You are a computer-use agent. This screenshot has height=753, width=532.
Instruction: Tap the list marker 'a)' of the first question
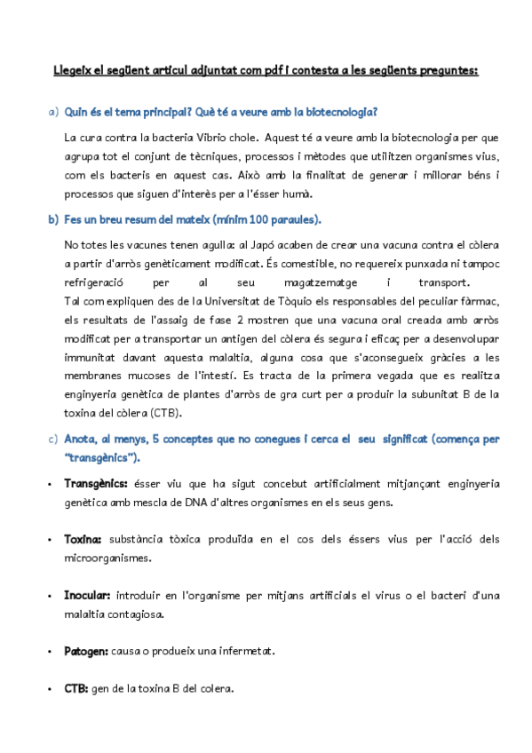52,112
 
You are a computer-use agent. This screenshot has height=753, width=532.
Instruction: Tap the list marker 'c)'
52,439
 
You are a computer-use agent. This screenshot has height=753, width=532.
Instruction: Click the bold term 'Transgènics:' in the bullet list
96,484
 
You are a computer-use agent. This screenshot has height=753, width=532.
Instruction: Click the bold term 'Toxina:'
83,539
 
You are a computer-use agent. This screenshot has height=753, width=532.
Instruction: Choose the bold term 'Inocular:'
87,595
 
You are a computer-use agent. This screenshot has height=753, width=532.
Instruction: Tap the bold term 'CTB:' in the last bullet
76,688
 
